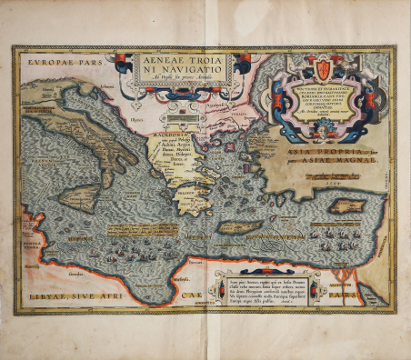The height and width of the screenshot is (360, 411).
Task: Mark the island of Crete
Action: click(239, 224)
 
